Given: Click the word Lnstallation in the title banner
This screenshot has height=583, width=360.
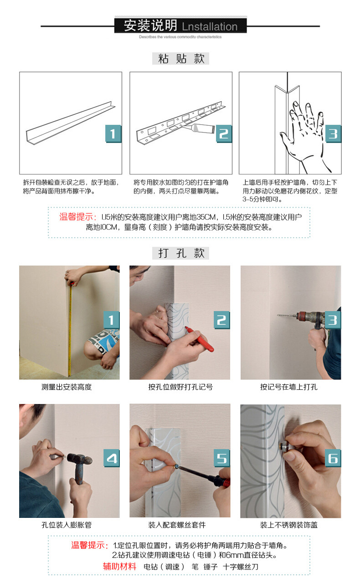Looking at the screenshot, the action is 210,26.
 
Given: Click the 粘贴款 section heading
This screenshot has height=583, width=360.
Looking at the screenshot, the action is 180,59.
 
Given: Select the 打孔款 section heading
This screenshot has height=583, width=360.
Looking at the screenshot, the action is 180,253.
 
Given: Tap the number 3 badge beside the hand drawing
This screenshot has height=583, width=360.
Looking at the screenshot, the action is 333,133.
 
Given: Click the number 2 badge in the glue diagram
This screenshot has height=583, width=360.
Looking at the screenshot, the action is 223,133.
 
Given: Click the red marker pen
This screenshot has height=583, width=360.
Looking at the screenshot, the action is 199,338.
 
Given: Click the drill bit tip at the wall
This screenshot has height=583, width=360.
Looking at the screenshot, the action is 278,316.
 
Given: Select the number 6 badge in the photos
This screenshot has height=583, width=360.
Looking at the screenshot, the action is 333,458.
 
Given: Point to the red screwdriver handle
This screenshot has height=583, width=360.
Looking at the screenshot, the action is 223,481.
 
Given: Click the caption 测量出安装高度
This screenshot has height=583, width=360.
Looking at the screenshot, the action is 67,387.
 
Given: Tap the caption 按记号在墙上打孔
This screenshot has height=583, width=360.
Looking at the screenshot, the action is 288,387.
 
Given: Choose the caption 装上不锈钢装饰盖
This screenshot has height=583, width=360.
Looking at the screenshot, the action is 288,525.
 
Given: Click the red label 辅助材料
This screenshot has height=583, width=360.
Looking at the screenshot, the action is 119,566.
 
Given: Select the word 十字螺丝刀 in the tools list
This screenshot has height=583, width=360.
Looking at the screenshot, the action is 241,567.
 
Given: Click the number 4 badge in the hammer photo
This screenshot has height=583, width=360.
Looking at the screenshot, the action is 112,458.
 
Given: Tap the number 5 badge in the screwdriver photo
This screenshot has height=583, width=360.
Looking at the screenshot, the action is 221,458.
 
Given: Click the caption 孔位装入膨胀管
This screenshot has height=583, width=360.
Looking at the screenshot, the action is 67,525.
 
